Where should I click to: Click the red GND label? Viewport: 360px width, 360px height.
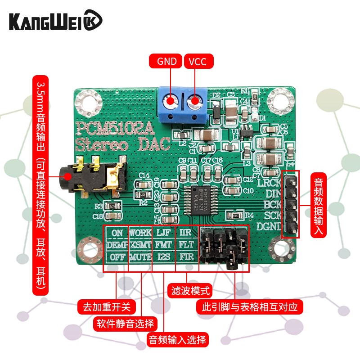coord(166,61)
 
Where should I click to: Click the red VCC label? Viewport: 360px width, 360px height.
coord(198,61)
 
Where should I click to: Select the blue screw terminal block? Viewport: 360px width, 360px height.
coord(182,104)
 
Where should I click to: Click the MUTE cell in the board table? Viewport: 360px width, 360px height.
coord(140,258)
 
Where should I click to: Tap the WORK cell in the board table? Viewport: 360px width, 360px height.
coord(140,233)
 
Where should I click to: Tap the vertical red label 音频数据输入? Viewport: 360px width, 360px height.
coord(319,205)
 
